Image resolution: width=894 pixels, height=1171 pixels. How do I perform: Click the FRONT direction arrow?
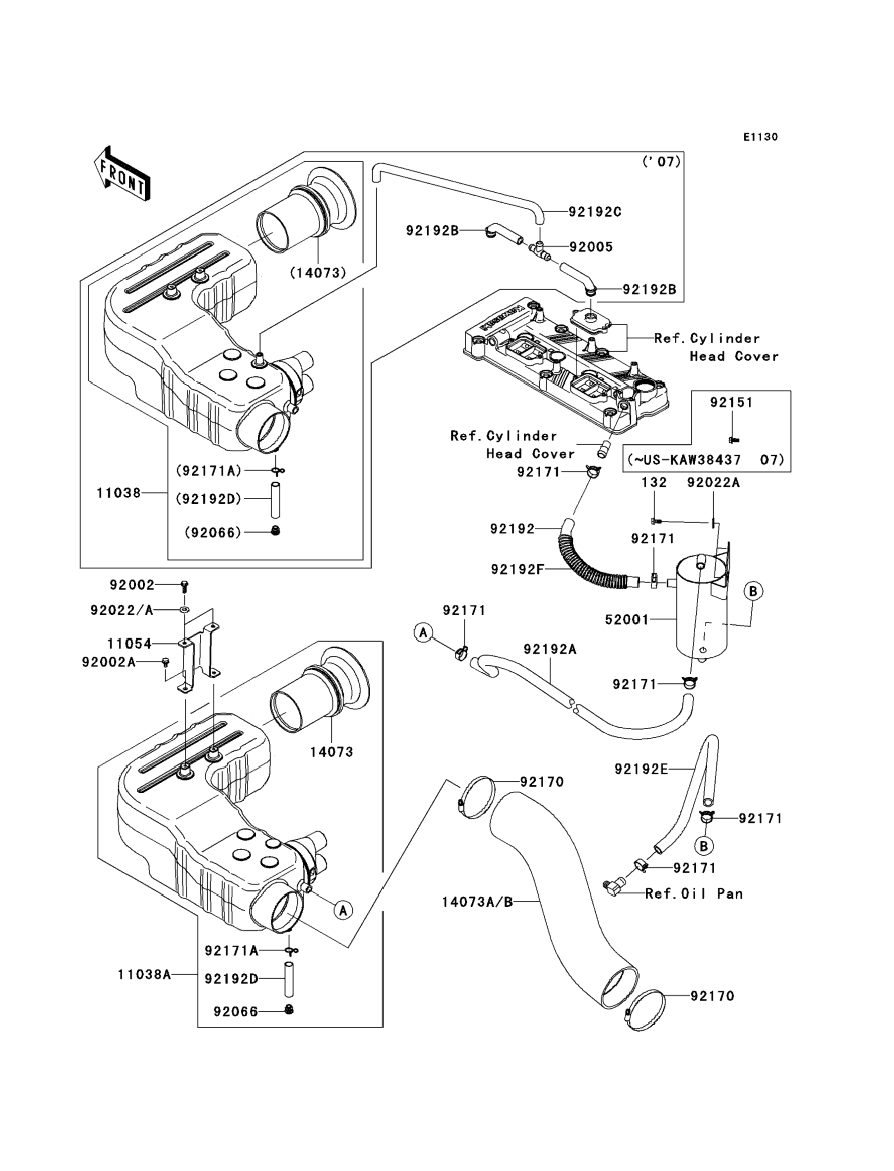point(122,174)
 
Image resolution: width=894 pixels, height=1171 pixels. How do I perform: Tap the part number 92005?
point(591,247)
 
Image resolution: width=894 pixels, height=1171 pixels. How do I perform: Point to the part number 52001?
point(627,620)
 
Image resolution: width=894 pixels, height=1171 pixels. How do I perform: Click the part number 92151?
point(731,403)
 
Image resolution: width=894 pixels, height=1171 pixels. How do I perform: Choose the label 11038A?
point(144,975)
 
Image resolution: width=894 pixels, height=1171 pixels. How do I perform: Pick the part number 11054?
point(129,644)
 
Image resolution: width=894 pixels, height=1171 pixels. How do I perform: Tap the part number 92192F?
point(517,570)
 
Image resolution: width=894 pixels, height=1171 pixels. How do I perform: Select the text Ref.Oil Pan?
point(694,894)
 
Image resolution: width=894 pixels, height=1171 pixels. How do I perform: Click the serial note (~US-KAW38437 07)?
point(706,460)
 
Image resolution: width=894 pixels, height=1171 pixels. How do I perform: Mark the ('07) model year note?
point(662,161)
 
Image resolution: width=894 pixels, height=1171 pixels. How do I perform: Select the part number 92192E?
point(641,769)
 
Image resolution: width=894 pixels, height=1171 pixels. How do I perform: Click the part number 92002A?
point(109,662)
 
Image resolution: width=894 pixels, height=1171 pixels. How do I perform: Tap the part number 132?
point(654,483)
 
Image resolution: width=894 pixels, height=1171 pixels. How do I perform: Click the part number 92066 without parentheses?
point(235,1011)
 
